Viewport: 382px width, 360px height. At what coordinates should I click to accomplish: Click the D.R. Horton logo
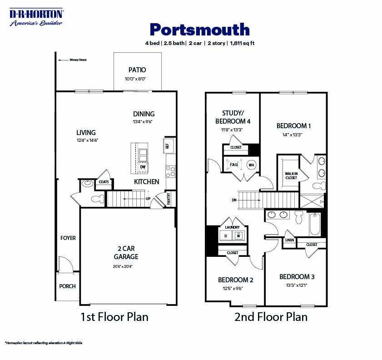(x=37, y=17)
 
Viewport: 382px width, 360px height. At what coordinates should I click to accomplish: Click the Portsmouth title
(x=199, y=30)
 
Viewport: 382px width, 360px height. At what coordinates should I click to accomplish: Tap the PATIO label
(x=137, y=70)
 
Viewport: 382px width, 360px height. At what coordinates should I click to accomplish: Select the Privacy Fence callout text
(x=78, y=60)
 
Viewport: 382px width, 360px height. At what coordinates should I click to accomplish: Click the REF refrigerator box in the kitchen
(x=167, y=146)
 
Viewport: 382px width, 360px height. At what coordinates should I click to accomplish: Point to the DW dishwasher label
(x=143, y=167)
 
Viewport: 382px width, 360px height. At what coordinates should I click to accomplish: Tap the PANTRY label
(x=169, y=200)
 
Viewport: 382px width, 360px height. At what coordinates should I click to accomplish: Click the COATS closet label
(x=104, y=182)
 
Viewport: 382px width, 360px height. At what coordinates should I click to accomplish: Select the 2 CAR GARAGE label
(x=126, y=253)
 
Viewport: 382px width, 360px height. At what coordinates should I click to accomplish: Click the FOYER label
(x=68, y=238)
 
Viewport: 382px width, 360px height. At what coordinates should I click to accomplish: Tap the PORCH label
(x=68, y=286)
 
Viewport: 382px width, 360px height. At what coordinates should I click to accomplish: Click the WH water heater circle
(x=251, y=165)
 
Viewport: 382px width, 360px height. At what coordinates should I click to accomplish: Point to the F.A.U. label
(x=234, y=165)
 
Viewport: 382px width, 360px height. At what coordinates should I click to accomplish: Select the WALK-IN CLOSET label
(x=291, y=175)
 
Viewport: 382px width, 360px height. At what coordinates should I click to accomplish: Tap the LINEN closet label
(x=289, y=240)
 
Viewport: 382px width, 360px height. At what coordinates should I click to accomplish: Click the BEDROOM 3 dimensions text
(x=297, y=285)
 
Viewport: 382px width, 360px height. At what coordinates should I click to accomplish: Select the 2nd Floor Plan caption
(x=271, y=317)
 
